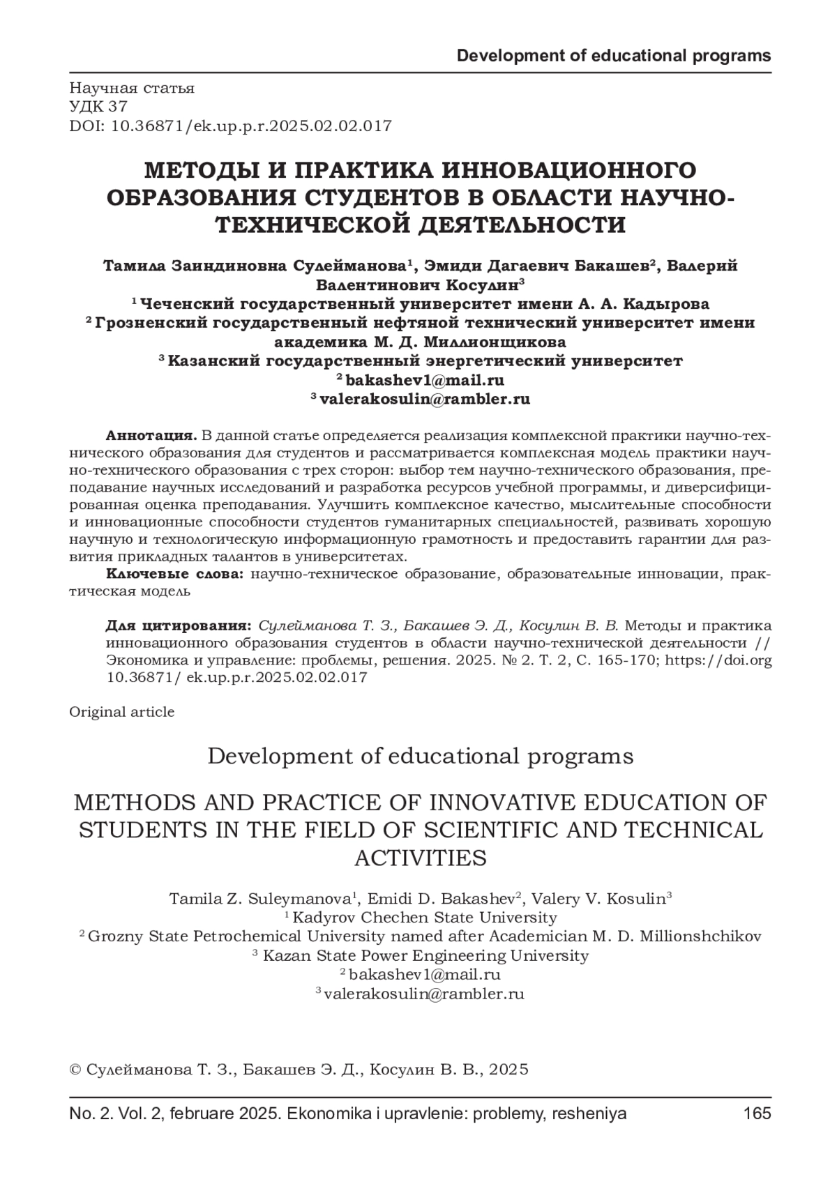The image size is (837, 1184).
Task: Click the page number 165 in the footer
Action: click(x=757, y=1114)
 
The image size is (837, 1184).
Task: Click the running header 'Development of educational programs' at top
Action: click(x=614, y=56)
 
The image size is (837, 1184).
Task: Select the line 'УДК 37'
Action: click(x=98, y=107)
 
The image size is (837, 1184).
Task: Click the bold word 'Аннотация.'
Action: click(x=151, y=436)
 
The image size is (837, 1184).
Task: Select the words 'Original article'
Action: click(x=122, y=712)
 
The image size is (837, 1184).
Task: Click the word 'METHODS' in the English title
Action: click(x=125, y=803)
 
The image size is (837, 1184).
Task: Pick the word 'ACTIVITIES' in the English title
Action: click(x=420, y=858)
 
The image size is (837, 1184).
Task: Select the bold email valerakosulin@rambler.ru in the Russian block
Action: click(x=425, y=399)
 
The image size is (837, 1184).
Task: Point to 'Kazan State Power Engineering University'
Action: click(x=425, y=955)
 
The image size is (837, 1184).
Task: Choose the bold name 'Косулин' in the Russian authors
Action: click(x=480, y=285)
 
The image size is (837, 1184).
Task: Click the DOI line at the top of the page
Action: click(x=230, y=126)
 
